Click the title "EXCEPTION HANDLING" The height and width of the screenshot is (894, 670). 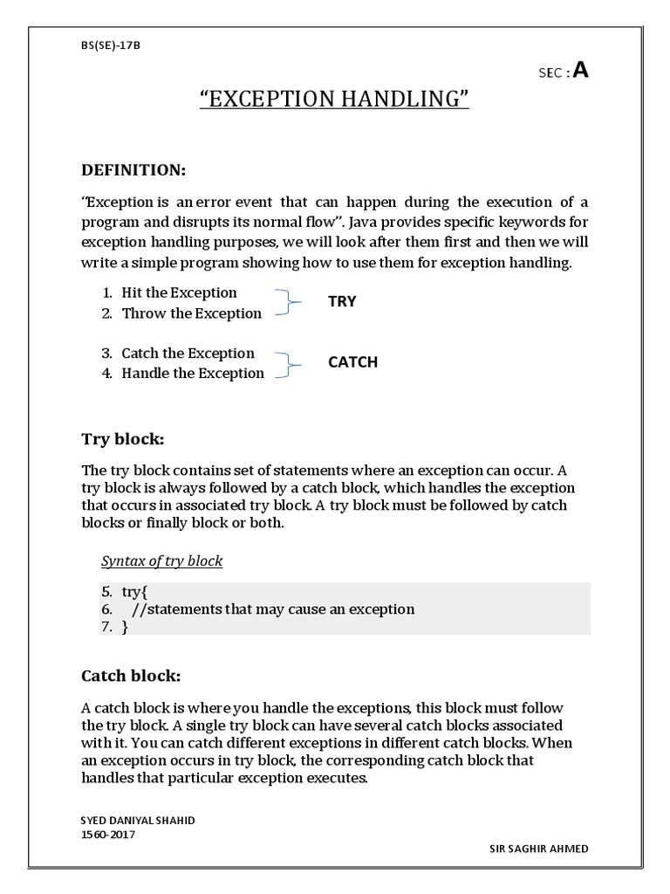[x=335, y=100]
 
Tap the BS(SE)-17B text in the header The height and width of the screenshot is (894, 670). [x=109, y=45]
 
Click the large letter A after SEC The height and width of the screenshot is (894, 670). [x=580, y=72]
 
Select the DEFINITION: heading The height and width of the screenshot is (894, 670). [x=133, y=168]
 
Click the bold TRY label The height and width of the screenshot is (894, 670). [x=342, y=301]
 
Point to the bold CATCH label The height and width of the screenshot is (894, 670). [x=352, y=361]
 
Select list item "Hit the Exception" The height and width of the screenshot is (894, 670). [x=179, y=292]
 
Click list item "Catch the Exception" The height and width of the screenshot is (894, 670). [x=188, y=353]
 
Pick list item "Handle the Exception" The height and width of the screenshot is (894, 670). [x=193, y=373]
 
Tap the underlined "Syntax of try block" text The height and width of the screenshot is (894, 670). [x=162, y=560]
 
